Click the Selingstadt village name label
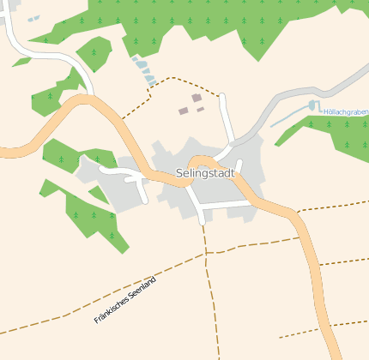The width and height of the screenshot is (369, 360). [x=205, y=173]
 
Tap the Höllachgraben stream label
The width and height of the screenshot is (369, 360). [x=345, y=111]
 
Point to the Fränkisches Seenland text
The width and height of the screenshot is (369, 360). [x=125, y=300]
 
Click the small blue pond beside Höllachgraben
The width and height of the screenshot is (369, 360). [x=312, y=105]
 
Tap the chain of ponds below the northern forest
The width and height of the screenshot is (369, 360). [x=143, y=69]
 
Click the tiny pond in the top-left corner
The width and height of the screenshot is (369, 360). [x=33, y=18]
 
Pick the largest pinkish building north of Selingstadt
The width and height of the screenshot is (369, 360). [x=197, y=99]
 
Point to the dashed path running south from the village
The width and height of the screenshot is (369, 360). [x=209, y=283]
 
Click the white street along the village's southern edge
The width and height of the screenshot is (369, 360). [x=227, y=205]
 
